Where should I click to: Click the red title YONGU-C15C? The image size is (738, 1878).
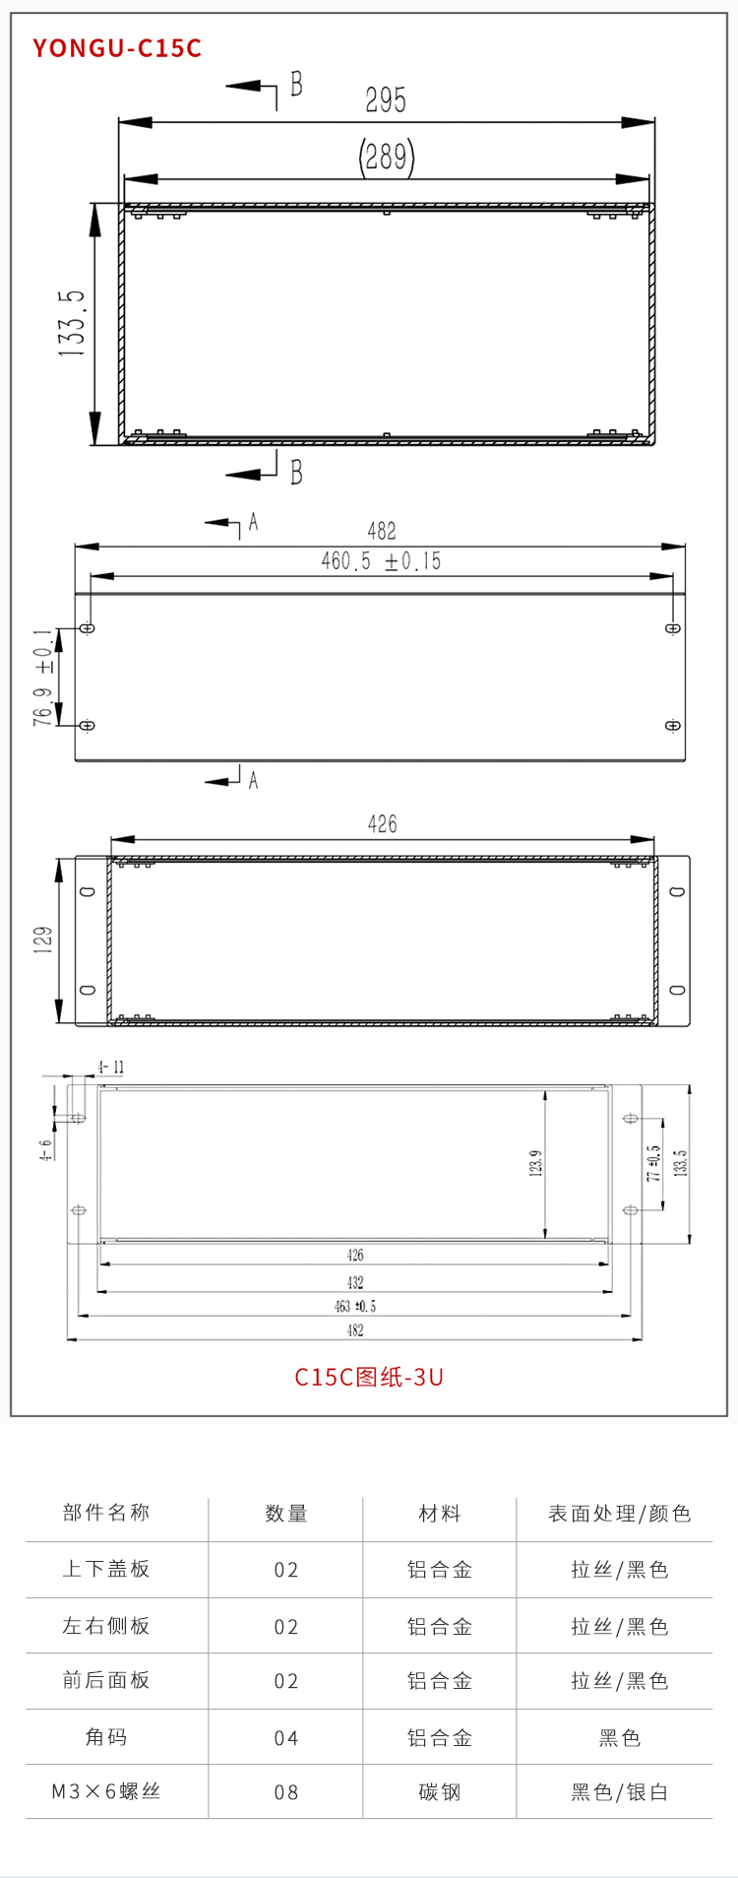[x=117, y=48]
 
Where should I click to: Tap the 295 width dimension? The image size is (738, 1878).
[x=386, y=100]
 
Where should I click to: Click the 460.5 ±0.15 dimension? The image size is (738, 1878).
[x=381, y=561]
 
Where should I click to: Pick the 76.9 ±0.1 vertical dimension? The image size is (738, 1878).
[x=43, y=678]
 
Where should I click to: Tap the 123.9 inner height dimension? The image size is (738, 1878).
[x=536, y=1163]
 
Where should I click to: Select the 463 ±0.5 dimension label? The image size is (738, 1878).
[x=355, y=1307]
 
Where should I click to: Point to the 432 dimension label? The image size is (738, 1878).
[x=355, y=1282]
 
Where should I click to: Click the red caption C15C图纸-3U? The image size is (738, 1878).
[x=369, y=1377]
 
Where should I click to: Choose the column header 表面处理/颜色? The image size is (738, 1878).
[x=620, y=1514]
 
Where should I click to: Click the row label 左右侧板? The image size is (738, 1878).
[x=106, y=1626]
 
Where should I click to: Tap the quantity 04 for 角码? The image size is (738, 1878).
[x=286, y=1738]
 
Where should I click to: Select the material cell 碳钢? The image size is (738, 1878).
[x=440, y=1792]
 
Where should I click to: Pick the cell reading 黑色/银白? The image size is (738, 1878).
[x=620, y=1792]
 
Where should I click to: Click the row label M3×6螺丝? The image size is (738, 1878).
[x=106, y=1791]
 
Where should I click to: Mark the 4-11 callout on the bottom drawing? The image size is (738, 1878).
[x=110, y=1068]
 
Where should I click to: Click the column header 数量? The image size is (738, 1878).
[x=286, y=1514]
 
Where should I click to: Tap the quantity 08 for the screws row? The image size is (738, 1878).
[x=286, y=1792]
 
